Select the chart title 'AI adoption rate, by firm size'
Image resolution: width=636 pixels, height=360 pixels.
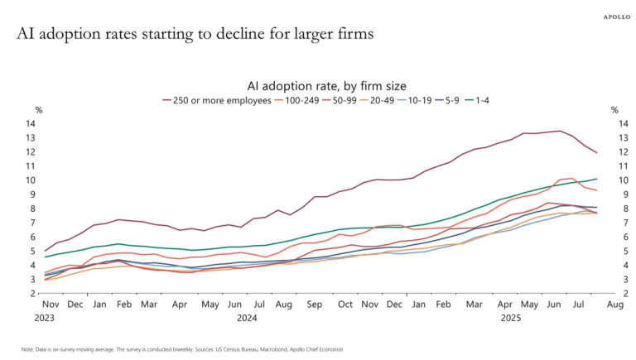(325, 85)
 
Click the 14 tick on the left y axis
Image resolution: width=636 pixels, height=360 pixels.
(30, 124)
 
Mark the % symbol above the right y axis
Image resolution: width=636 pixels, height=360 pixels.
(614, 110)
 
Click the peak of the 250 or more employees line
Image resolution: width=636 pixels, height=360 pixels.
(561, 131)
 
